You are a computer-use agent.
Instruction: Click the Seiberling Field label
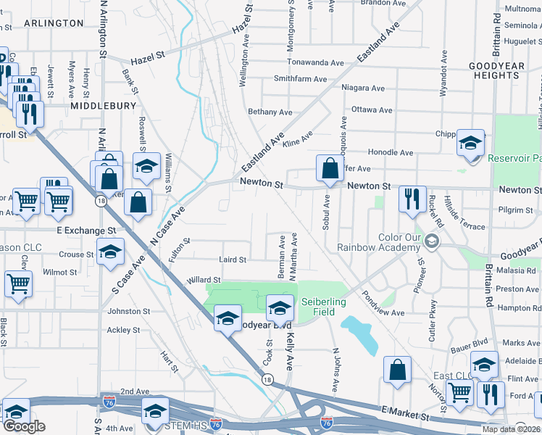click(x=323, y=307)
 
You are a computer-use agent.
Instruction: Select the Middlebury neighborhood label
click(x=104, y=105)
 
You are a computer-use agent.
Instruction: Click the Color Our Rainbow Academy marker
click(x=433, y=240)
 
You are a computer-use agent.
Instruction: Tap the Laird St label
click(x=233, y=260)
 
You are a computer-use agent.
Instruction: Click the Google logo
click(x=24, y=426)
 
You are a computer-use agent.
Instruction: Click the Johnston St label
click(x=128, y=311)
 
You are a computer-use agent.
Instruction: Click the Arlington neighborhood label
click(x=54, y=23)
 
